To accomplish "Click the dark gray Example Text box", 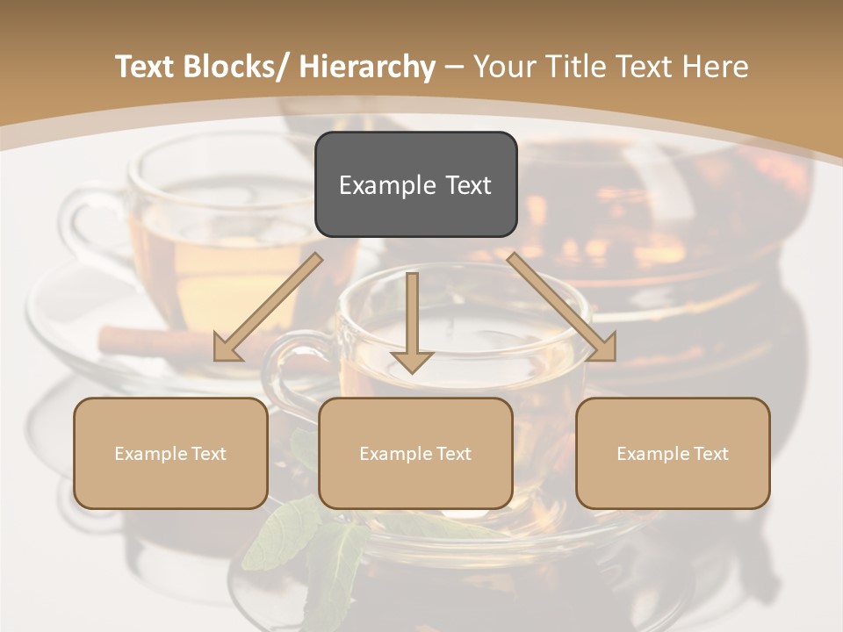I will coord(415,184).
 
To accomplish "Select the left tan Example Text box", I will coord(170,453).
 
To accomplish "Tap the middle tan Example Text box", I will coord(415,453).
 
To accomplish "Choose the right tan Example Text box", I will coord(673,453).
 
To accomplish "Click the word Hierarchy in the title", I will coord(367,67).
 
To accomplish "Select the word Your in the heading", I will coord(503,67).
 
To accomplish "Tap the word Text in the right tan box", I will coord(710,454).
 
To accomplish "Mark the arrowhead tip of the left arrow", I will coord(216,359).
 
